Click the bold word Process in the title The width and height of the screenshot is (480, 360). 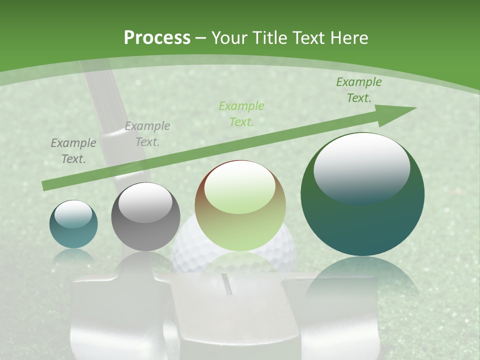tap(157, 37)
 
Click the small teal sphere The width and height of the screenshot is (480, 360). tap(73, 224)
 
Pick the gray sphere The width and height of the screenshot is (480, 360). tap(145, 216)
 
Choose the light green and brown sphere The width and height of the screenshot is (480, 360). tap(240, 205)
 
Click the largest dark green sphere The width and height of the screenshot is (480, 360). tap(362, 194)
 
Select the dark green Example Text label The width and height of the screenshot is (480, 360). tap(359, 90)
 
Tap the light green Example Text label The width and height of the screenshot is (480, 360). tap(241, 113)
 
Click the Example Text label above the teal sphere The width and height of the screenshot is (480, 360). tap(73, 151)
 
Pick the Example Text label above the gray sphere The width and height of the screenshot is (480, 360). tap(147, 134)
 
